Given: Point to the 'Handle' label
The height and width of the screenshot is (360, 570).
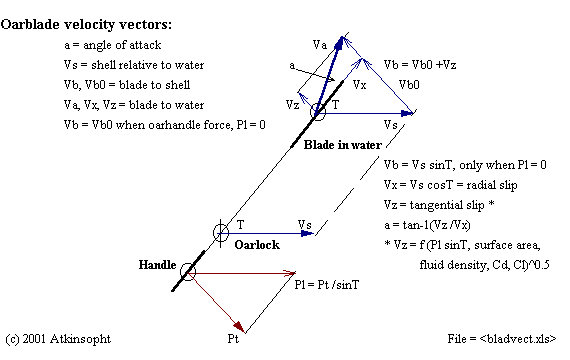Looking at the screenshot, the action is click(x=159, y=266).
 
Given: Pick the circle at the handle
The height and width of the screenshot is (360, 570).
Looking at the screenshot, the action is click(x=186, y=270).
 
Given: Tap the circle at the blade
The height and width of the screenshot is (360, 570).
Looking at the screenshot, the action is click(x=318, y=112).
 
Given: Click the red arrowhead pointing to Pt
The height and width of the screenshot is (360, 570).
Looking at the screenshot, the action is click(x=239, y=327).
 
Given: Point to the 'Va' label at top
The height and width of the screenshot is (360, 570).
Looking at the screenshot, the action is click(x=320, y=44).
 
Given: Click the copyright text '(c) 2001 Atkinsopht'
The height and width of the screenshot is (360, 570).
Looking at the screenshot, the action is click(x=59, y=339).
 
